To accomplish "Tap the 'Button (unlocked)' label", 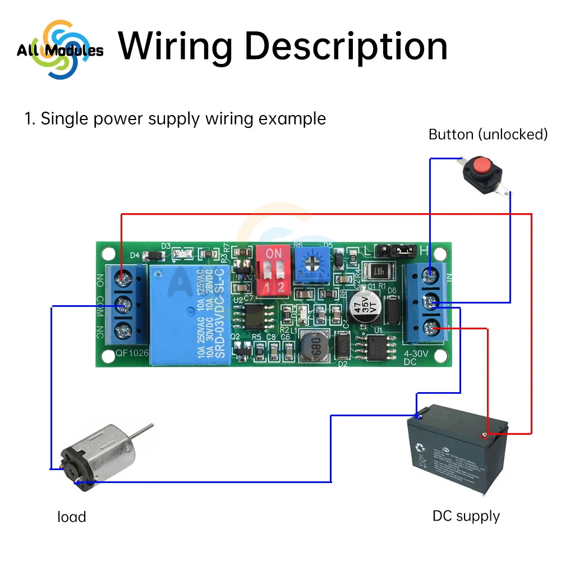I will point(488,135).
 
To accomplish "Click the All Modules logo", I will point(59,50).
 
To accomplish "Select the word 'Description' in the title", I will point(346,47).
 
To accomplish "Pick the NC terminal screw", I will point(124,330).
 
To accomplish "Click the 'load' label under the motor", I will point(72,517).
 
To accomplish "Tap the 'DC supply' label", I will point(466,516).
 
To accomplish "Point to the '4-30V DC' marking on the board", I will point(416,358).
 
